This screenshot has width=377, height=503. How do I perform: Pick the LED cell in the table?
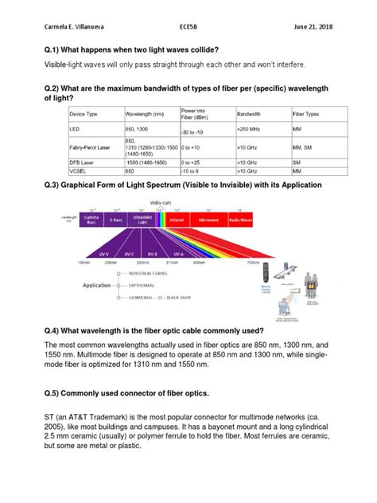point(76,130)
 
